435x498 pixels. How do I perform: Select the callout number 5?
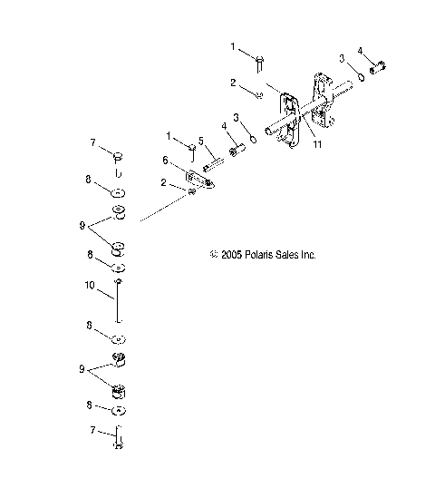201,142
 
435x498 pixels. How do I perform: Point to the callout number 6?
166,160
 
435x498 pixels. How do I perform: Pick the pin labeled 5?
214,164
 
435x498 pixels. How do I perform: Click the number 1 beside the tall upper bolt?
232,45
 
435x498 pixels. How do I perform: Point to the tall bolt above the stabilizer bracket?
260,62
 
